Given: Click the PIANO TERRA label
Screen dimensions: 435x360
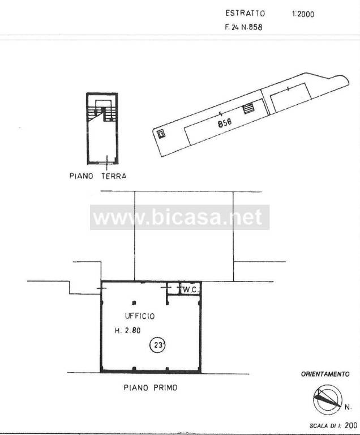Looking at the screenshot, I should coord(97,176).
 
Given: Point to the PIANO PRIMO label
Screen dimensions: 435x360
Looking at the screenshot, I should coord(150,388).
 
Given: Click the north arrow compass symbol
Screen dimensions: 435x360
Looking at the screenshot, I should coord(327,400).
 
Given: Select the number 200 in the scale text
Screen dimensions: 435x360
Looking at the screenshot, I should coord(350,425).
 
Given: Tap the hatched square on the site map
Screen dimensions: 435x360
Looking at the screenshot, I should coord(248,109).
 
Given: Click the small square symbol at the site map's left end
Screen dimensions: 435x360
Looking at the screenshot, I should coord(161,134).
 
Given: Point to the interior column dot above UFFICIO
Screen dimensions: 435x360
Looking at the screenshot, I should coord(134,302).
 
